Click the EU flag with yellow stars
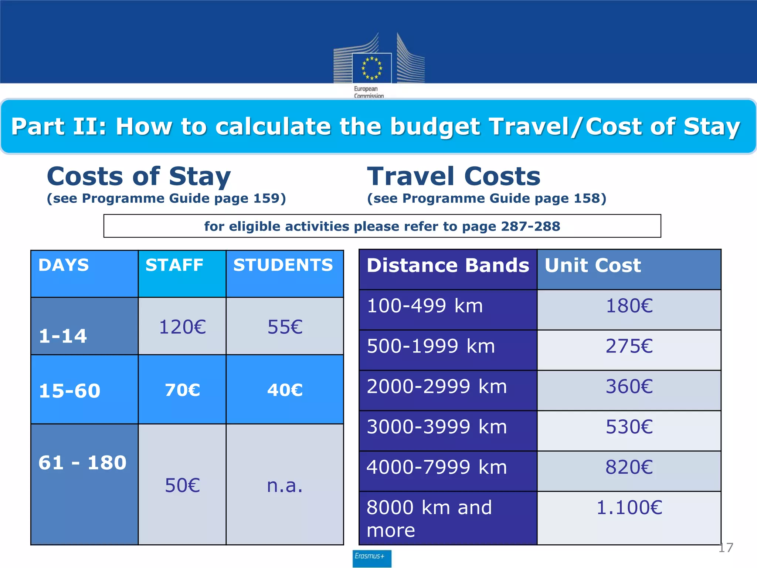coord(371,68)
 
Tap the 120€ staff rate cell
coord(182,327)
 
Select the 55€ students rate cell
coord(285,327)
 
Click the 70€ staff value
coord(182,390)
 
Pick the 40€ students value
coord(285,390)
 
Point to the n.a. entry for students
coord(285,486)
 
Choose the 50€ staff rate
coord(182,486)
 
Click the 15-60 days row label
coord(69,391)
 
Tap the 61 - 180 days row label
coord(82,463)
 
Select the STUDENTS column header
coord(283,265)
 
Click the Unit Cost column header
coord(593,266)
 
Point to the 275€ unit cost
coord(629,346)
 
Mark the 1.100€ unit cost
coord(629,507)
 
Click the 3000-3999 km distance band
coord(437,427)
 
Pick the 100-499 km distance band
coord(425,306)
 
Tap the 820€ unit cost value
coord(629,467)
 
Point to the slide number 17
coord(726,548)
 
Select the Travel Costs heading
coord(454,176)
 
